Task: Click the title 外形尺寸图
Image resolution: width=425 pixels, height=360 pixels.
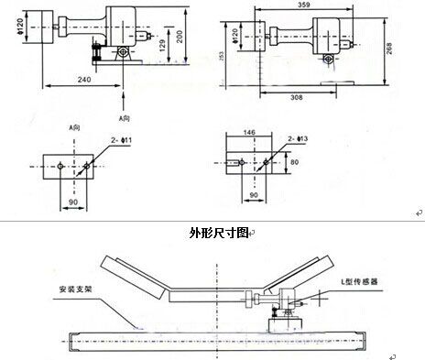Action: click(212, 233)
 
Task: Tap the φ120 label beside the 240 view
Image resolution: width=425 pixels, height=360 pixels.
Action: click(6, 25)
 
